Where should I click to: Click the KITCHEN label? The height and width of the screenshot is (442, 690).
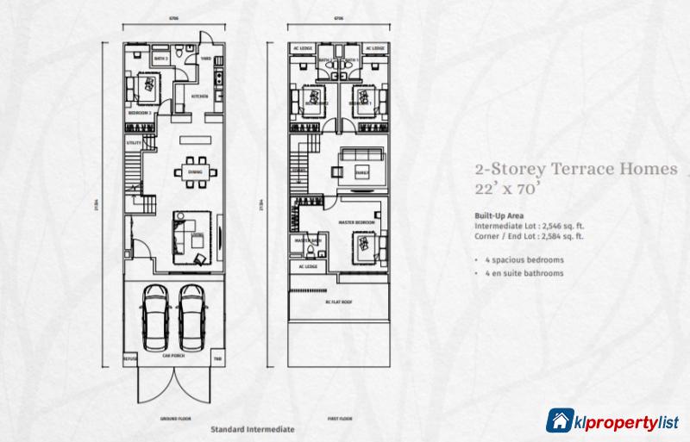196,97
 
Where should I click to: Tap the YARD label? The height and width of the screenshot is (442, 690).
206,59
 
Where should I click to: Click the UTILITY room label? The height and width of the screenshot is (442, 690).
134,142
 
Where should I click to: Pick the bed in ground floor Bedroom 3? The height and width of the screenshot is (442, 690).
144,86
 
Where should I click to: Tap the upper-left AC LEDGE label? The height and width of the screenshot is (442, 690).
303,48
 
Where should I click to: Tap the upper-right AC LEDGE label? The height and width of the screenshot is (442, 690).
374,48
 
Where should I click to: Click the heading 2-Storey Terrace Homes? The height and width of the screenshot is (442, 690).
570,171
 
